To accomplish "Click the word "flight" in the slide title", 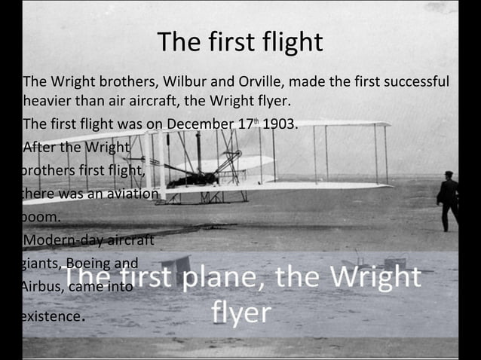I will (x=290, y=42).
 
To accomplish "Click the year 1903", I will (x=279, y=124).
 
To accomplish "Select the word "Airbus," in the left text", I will (x=44, y=287).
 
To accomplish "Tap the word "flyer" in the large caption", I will (x=240, y=311).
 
